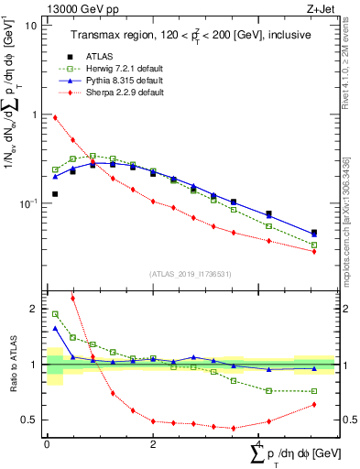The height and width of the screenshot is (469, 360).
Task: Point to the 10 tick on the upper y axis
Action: (x=31, y=26)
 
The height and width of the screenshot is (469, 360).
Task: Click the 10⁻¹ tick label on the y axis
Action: (x=27, y=202)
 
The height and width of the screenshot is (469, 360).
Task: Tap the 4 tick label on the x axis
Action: (x=258, y=443)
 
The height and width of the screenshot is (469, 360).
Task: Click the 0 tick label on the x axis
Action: (x=47, y=443)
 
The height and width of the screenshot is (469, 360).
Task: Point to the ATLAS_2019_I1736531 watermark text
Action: (x=190, y=274)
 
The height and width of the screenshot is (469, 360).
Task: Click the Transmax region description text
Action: (x=190, y=35)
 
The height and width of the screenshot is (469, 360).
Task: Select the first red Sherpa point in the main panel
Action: (x=55, y=117)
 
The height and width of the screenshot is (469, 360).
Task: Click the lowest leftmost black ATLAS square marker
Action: (x=55, y=194)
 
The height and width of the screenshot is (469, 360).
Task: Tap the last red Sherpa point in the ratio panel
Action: (x=314, y=404)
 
